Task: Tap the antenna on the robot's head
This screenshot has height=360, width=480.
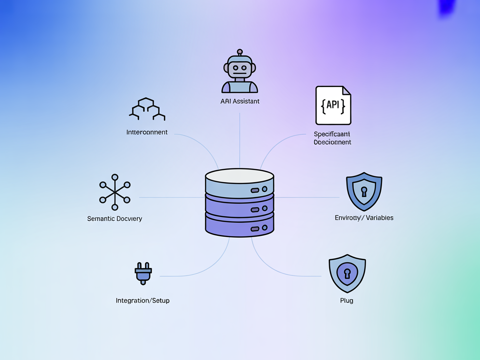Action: point(240,52)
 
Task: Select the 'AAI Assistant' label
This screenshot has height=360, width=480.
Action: point(240,101)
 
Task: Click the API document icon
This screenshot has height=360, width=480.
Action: point(333,105)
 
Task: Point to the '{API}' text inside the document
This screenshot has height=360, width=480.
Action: point(333,105)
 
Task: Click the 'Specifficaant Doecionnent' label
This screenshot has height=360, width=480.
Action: point(332,138)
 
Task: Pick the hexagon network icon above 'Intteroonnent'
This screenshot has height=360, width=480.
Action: point(147,109)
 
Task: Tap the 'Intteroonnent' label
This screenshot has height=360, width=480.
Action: point(147,132)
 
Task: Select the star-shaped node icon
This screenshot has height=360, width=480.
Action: point(115,192)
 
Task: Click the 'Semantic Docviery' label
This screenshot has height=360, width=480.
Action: point(115,219)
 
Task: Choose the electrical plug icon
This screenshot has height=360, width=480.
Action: point(143,273)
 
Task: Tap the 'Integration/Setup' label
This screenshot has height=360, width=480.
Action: point(142,300)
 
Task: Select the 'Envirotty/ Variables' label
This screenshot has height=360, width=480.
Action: point(364,218)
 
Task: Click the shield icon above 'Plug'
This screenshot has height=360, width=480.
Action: point(347,274)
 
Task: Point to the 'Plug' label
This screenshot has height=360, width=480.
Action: point(347,300)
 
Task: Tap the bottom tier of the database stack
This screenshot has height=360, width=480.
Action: point(240,225)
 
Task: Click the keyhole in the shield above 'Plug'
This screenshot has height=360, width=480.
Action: point(347,273)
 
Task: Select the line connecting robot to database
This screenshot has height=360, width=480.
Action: point(240,137)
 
